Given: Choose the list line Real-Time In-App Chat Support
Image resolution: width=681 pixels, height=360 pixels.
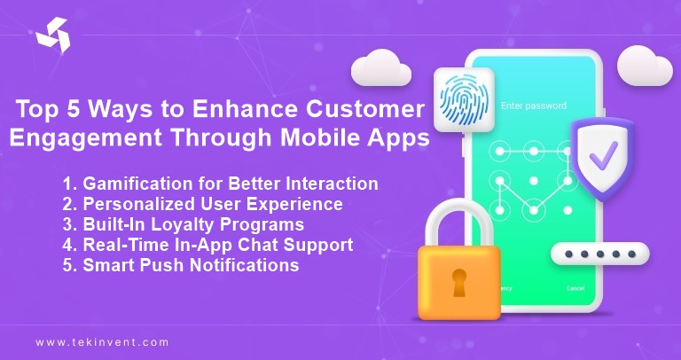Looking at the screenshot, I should [x=207, y=245].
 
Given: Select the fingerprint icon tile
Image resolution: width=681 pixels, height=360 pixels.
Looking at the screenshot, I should [x=463, y=99].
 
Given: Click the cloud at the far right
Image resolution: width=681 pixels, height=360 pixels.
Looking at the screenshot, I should [x=644, y=66].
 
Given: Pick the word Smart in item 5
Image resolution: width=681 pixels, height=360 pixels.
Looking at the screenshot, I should [x=105, y=265].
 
